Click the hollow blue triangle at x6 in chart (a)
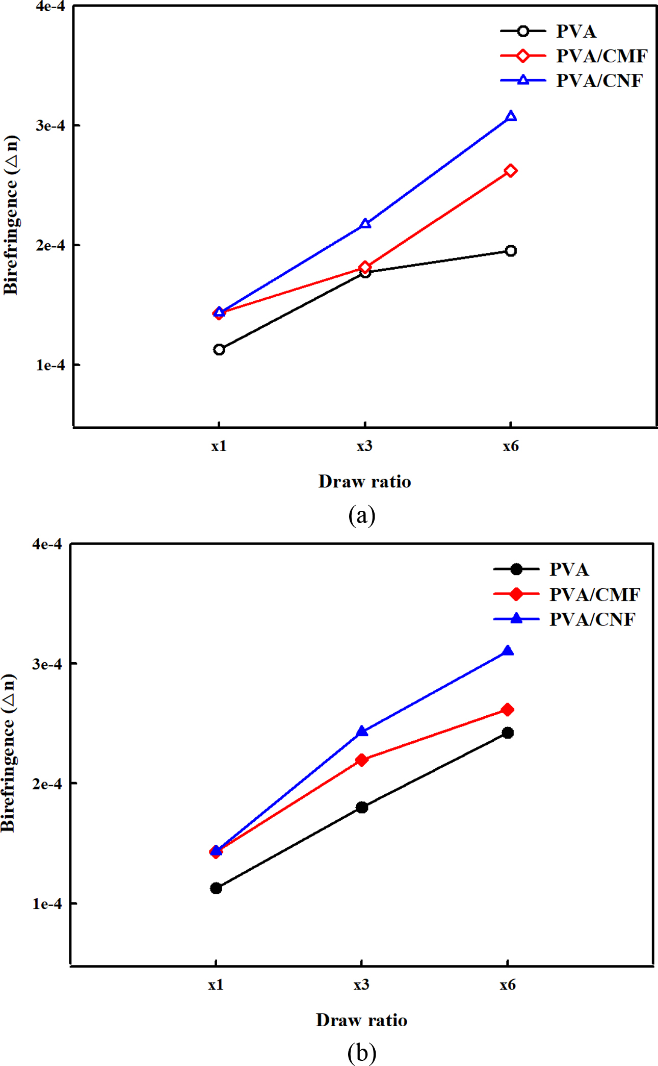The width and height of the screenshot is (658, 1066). pos(511,117)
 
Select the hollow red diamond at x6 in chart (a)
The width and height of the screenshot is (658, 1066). pos(511,171)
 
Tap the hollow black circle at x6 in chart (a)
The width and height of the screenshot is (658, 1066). pos(511,251)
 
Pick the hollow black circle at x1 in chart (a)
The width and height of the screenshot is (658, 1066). pos(219,350)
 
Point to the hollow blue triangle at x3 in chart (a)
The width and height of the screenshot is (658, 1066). pos(365,224)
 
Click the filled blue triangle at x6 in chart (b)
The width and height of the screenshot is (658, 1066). pos(508,651)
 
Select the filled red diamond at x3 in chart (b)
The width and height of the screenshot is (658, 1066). pos(362,760)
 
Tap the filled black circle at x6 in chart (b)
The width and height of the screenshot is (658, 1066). pos(508,733)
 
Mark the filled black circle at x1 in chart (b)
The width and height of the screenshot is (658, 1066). pos(216,889)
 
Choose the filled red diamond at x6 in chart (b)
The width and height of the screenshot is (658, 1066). pos(508,710)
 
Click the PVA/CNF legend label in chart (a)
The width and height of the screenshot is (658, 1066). pos(599,81)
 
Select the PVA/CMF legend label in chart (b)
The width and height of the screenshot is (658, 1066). pos(594,594)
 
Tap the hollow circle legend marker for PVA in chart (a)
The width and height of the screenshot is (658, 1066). pos(523,31)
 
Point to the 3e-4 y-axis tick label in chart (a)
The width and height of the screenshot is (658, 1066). pos(50,125)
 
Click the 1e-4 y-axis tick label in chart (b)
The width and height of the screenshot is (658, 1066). pos(47,904)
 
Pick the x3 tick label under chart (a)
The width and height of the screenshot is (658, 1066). pos(364,446)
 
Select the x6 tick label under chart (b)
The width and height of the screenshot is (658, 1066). pos(508,984)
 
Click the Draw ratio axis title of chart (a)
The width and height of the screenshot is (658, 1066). pos(364,481)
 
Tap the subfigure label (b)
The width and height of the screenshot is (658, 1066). pos(362,1052)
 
